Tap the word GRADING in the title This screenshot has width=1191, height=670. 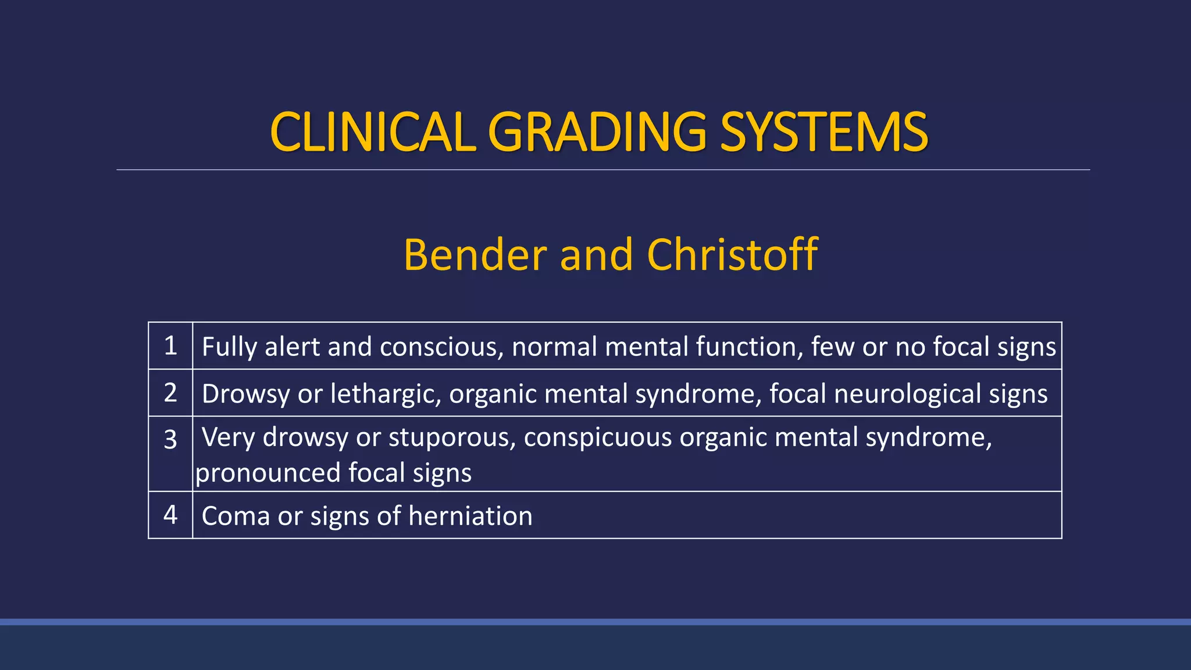tap(597, 133)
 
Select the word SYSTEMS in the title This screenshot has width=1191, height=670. tap(824, 133)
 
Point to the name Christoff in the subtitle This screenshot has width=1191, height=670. tap(732, 255)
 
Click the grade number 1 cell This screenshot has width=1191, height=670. tap(170, 346)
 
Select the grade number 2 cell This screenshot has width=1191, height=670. tap(170, 393)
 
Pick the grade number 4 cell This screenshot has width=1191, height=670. tap(170, 515)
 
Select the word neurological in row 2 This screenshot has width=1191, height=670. tap(907, 394)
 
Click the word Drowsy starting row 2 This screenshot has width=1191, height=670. tap(245, 394)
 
